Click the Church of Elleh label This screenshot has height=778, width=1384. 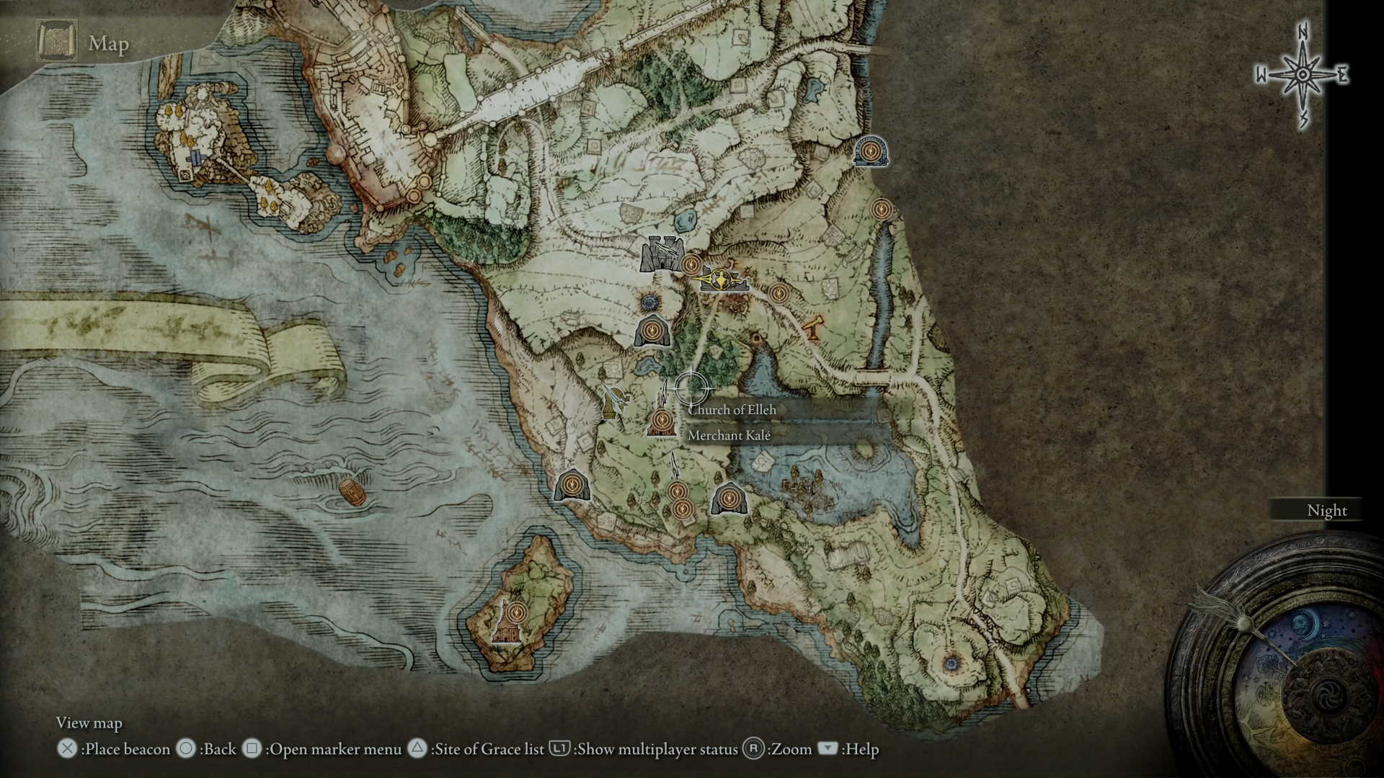732,410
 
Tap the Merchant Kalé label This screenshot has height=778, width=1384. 729,435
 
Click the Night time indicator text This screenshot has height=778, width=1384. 1326,510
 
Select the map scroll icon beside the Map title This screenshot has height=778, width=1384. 57,42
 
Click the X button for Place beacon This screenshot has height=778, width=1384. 67,748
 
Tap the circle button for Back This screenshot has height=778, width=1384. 187,748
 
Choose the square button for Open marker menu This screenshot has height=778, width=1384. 252,748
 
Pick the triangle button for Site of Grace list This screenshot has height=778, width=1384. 417,748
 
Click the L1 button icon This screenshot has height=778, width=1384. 559,748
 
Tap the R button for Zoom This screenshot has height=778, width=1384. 753,748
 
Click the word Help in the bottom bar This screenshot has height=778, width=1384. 861,749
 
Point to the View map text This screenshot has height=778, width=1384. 89,723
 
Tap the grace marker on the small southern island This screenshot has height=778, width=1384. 515,613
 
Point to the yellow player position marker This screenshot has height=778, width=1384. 722,279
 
